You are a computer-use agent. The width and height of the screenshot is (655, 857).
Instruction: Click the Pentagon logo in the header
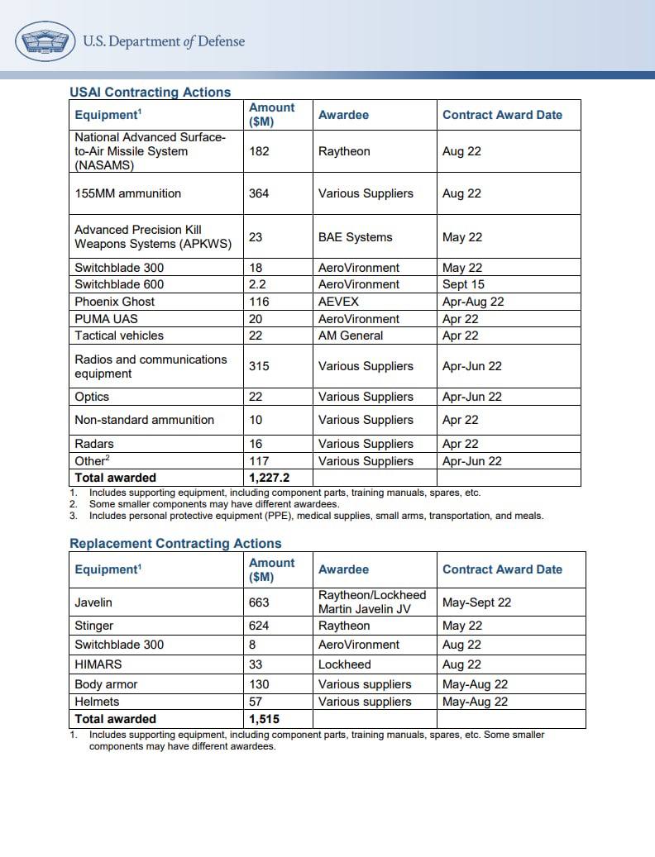click(45, 40)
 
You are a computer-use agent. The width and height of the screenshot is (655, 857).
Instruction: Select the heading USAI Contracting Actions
click(150, 92)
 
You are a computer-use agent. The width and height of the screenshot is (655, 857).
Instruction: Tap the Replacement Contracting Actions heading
click(175, 543)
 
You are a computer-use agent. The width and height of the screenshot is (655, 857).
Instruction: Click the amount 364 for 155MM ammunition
click(260, 193)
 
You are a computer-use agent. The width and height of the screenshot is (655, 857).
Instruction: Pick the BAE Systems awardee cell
click(355, 237)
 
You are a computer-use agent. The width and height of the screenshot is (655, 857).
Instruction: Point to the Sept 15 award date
click(464, 284)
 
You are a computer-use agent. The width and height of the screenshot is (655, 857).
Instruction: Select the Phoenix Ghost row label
click(114, 302)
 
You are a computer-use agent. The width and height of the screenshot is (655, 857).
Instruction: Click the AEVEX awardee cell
click(337, 302)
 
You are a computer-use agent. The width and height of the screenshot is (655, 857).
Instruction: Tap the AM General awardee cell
click(351, 336)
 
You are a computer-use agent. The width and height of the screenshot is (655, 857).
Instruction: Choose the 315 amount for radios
click(260, 366)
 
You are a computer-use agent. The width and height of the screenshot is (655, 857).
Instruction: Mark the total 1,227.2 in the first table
click(269, 478)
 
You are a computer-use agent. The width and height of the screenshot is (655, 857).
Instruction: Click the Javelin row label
click(93, 602)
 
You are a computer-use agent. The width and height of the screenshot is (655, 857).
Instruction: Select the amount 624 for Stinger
click(259, 626)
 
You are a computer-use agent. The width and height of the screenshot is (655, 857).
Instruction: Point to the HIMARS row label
click(98, 664)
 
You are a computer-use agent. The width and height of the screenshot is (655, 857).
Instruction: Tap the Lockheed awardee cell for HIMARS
click(344, 664)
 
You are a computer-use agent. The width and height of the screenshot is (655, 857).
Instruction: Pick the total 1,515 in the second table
click(264, 719)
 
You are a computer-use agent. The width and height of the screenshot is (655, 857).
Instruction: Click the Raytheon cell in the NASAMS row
click(344, 151)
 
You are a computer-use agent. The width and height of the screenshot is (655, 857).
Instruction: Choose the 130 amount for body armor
click(259, 684)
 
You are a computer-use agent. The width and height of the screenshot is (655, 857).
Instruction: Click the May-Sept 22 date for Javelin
click(476, 602)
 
